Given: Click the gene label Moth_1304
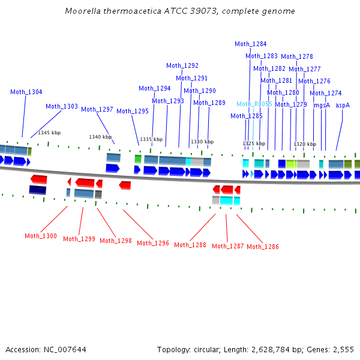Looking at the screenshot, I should (x=26, y=92).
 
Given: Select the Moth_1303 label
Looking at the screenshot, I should (x=62, y=106).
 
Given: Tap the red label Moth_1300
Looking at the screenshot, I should (x=41, y=236).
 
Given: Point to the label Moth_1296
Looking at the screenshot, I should (x=153, y=243).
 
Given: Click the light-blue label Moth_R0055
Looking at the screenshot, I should (x=254, y=104).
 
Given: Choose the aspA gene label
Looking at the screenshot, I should (x=343, y=105).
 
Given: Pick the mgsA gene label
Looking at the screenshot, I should (x=322, y=105).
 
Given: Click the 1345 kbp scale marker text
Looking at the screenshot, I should (x=49, y=133).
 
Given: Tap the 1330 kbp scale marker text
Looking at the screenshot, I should (x=202, y=142).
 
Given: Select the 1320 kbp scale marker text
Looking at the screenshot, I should (x=304, y=144).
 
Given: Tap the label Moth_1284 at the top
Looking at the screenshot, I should (x=251, y=44).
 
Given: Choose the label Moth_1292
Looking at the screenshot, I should (x=182, y=65).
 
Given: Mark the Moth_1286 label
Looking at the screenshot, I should (x=263, y=247).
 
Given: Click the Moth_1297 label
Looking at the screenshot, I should (x=97, y=109).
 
